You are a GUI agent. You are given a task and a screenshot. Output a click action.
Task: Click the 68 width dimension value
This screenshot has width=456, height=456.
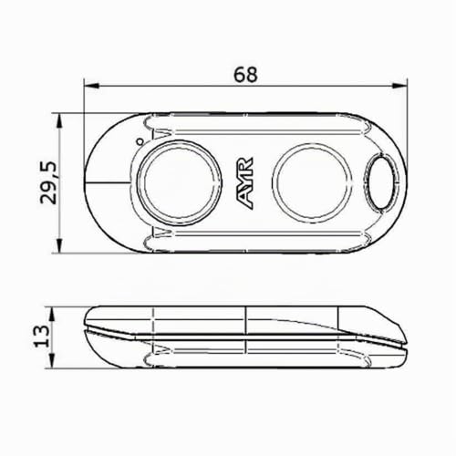[245, 75]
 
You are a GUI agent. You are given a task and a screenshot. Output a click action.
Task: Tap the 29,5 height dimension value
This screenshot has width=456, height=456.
[48, 182]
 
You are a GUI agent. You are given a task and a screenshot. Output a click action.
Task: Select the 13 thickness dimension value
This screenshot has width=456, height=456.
[41, 337]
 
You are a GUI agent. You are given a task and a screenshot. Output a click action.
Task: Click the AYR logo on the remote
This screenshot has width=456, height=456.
[245, 182]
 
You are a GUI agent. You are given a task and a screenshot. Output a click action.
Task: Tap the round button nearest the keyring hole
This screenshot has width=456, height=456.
[312, 182]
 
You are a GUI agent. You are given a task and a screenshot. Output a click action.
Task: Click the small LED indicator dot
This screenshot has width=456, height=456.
[140, 141]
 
